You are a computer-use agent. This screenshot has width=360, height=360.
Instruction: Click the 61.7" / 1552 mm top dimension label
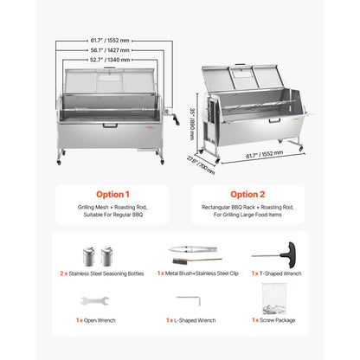(109, 40)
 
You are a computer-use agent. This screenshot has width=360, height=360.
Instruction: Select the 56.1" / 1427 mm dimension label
(109, 49)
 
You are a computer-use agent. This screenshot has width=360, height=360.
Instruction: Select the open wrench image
(93, 301)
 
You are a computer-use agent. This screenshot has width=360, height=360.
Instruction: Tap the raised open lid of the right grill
(255, 85)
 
